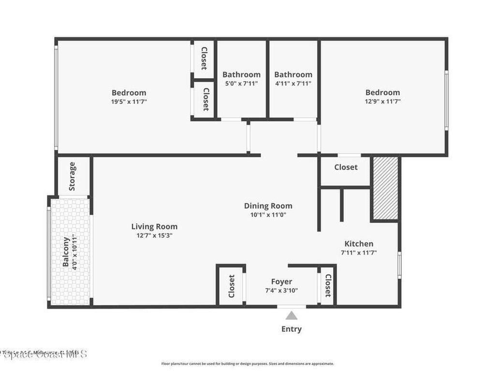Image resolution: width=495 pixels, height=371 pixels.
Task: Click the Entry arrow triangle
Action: (x=291, y=315)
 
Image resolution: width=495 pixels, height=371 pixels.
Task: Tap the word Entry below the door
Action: (x=291, y=329)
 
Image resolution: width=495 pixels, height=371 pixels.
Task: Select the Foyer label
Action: (x=281, y=282)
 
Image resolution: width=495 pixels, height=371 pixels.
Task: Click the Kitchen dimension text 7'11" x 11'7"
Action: (x=358, y=252)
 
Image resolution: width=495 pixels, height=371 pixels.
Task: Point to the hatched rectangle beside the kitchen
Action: (x=385, y=188)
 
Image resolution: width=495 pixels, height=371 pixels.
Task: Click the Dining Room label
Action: (x=268, y=206)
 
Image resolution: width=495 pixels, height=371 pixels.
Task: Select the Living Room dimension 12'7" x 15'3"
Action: (x=154, y=235)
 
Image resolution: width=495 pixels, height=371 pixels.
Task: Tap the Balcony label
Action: (x=66, y=251)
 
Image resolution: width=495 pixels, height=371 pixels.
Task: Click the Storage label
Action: (x=72, y=176)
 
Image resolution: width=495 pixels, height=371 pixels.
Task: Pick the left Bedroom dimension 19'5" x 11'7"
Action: (x=129, y=101)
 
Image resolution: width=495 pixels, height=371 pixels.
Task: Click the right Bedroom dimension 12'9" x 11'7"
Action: (x=382, y=101)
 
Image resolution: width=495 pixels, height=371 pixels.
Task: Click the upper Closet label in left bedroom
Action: (x=204, y=58)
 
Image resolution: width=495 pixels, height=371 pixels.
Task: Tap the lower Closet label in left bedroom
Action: (x=205, y=99)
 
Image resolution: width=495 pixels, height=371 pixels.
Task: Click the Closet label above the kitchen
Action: (x=346, y=167)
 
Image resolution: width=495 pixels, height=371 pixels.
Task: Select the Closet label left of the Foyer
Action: (x=232, y=285)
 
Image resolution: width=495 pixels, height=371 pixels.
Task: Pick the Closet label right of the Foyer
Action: (x=328, y=285)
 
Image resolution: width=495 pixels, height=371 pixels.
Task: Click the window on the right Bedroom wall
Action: (x=446, y=100)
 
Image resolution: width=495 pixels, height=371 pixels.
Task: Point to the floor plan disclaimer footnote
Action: (x=247, y=364)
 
